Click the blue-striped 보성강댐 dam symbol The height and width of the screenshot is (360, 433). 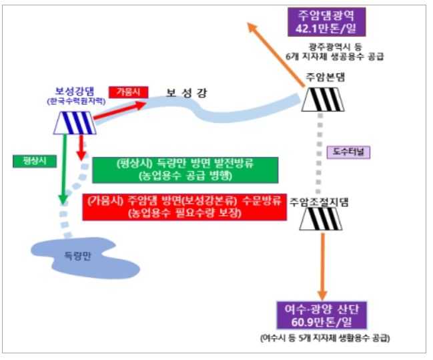(75, 123)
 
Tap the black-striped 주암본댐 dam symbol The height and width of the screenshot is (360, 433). (323, 100)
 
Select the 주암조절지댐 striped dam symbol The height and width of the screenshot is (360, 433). (321, 219)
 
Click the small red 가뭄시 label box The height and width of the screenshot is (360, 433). (128, 92)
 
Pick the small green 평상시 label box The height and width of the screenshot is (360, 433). (35, 161)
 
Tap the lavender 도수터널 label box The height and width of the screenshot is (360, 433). (348, 152)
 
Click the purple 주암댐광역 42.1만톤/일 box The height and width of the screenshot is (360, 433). (327, 22)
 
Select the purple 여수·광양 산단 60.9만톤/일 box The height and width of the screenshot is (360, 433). (322, 315)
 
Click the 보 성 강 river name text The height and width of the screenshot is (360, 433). (186, 93)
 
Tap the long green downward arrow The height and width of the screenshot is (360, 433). (64, 169)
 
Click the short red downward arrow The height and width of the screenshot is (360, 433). (81, 148)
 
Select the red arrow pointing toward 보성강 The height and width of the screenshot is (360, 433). (119, 110)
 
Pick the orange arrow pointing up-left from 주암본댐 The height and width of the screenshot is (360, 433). (276, 55)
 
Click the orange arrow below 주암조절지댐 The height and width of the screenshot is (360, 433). (322, 266)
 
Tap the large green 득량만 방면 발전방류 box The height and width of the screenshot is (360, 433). (185, 170)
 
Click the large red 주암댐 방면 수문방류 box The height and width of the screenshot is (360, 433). (184, 207)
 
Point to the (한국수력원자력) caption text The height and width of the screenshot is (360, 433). (76, 102)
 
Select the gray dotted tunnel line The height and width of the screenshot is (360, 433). (319, 153)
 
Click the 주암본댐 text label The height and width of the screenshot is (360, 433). (326, 77)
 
